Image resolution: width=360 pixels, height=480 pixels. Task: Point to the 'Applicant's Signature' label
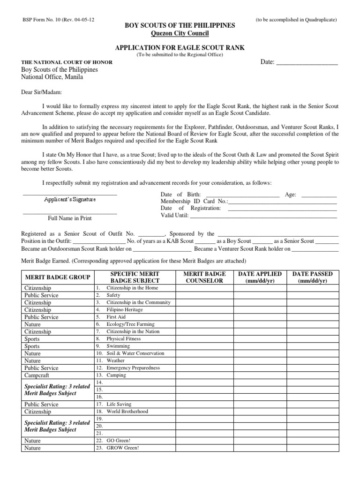coord(70,200)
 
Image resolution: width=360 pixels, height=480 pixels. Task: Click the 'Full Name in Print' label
coord(70,218)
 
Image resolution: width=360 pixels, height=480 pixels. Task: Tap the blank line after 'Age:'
coord(319,195)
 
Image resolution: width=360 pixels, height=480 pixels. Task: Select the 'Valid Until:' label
coord(174,216)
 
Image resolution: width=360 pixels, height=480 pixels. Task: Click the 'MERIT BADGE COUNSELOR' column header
coord(204,277)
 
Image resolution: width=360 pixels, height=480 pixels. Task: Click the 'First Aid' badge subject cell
coord(117,317)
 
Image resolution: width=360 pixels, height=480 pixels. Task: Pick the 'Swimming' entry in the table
coord(118,346)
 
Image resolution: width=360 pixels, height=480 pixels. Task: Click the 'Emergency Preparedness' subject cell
coord(133,368)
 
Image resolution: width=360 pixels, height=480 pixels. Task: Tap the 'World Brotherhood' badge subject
coord(127,411)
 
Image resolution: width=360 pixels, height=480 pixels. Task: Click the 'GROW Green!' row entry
coord(123,448)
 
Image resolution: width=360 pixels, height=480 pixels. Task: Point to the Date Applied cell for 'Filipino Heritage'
coord(260,310)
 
